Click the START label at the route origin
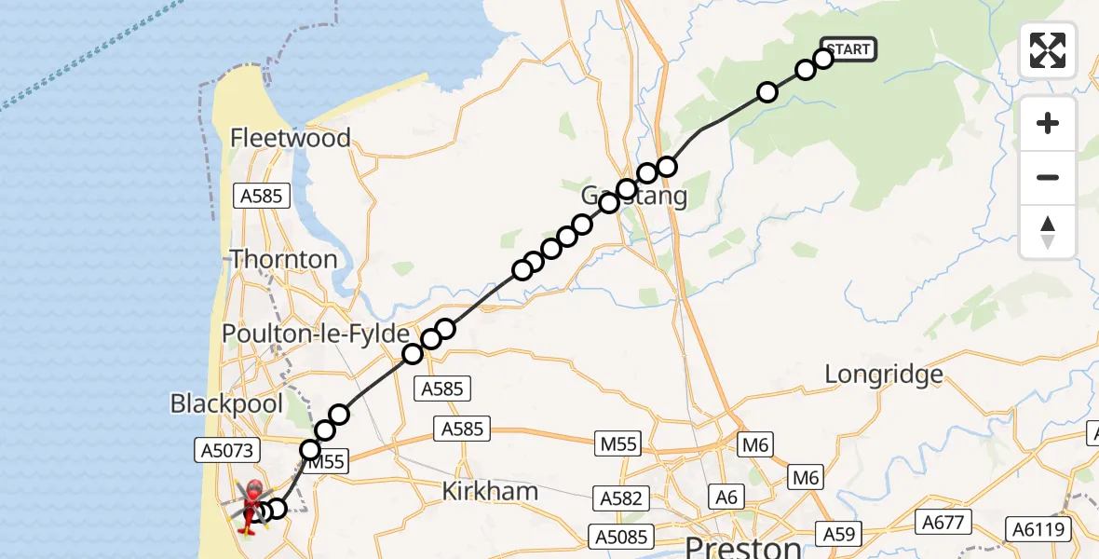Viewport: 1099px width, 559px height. click(848, 49)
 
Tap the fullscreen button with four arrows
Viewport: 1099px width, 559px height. click(1048, 49)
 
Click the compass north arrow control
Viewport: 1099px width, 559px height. click(1048, 232)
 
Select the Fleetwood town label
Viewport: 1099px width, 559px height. click(291, 138)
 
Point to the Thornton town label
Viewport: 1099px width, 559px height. click(283, 258)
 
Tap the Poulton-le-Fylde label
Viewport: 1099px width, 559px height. click(315, 334)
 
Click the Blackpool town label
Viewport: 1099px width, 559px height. click(225, 403)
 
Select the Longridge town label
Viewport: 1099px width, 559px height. click(884, 375)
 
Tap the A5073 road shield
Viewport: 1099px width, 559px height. click(224, 450)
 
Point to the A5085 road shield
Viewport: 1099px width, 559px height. click(621, 537)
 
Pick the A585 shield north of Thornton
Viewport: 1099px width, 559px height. click(265, 196)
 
